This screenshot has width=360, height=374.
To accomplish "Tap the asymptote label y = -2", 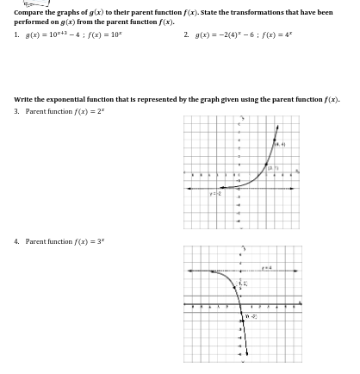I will (215, 195).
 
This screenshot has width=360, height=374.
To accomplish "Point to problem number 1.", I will (16, 34).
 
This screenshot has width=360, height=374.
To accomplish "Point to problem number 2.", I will (186, 34).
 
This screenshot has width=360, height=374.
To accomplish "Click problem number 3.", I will (16, 111).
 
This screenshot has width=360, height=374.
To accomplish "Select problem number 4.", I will (16, 241).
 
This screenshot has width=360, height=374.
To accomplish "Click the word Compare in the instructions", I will (29, 12).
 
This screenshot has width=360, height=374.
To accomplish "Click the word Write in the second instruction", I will (24, 99).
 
